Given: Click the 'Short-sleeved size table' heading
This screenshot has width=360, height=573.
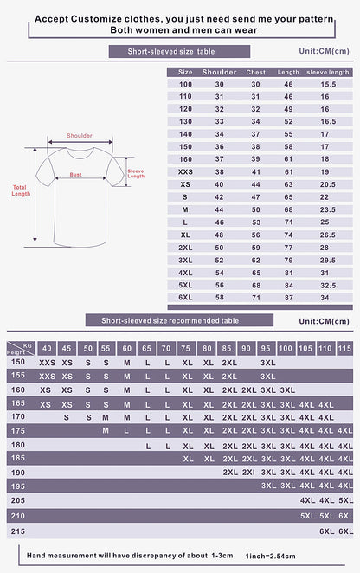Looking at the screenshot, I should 179,51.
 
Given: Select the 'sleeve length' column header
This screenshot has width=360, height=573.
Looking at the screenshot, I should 328,72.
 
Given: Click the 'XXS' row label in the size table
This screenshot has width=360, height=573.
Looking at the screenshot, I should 184,172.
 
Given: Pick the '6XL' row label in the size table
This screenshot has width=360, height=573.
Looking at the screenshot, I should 185,297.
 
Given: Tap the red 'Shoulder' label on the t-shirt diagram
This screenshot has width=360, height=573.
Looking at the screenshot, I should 79,136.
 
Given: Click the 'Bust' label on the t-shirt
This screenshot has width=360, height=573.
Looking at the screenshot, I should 75,175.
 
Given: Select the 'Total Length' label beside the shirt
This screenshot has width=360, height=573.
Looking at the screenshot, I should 21,190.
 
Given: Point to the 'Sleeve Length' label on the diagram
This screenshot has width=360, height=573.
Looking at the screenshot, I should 136,173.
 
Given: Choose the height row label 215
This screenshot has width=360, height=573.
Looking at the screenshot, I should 17,530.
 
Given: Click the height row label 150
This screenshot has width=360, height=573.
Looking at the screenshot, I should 17,362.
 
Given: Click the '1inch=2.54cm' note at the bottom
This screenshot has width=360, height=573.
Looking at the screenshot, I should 270,555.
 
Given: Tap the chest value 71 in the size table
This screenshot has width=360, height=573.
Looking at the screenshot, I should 255,297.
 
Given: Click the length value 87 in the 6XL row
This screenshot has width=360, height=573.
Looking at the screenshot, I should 288,297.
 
